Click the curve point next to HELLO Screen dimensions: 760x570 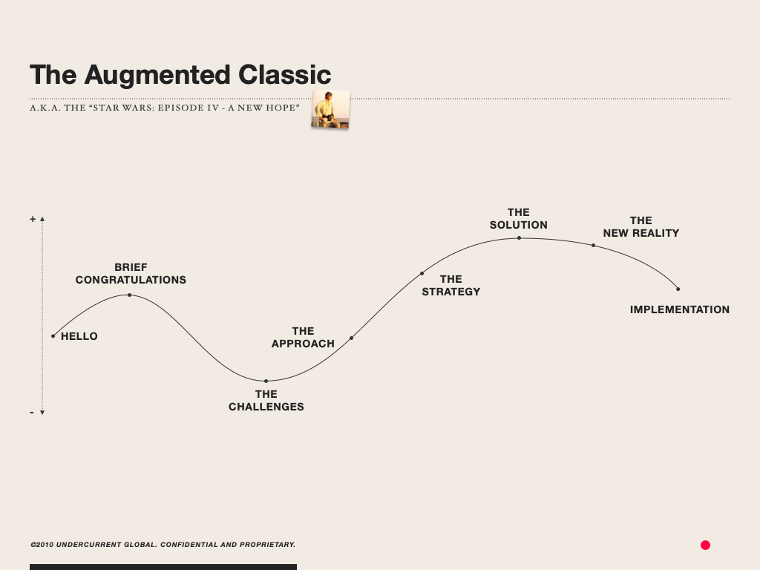(x=53, y=335)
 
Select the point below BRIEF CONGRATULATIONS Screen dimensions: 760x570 (x=129, y=295)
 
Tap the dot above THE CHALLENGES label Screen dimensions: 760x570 (x=266, y=381)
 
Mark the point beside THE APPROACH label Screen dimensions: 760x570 (x=351, y=338)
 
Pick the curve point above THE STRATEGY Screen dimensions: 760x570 (x=422, y=273)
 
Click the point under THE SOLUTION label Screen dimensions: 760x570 (x=519, y=237)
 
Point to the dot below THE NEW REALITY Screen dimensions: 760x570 (x=593, y=245)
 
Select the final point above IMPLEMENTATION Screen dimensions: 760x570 (x=678, y=289)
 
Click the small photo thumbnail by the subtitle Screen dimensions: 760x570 (x=330, y=109)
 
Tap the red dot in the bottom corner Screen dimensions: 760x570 (x=705, y=545)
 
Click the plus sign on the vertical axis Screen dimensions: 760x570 (x=33, y=220)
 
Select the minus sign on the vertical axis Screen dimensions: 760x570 (x=32, y=412)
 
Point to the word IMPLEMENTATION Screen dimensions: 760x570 (x=679, y=309)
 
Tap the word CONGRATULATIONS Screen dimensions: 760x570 (x=131, y=280)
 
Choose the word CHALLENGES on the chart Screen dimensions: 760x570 (x=266, y=407)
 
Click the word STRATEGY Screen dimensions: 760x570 (x=451, y=292)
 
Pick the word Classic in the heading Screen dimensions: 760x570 (x=284, y=75)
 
